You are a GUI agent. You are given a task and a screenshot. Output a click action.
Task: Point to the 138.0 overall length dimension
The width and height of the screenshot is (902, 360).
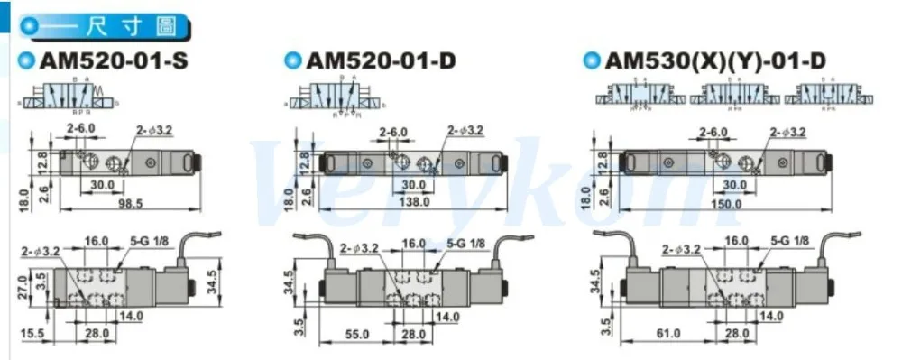point(413,203)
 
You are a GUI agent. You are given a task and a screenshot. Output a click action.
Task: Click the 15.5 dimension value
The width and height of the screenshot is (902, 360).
point(32,333)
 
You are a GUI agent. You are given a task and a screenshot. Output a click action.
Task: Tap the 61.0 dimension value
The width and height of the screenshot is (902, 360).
point(667,333)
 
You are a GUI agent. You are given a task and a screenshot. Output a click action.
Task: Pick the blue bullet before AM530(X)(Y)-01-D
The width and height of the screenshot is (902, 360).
point(591,61)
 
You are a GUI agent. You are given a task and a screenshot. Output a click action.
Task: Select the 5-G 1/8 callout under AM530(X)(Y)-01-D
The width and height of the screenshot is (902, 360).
point(793,241)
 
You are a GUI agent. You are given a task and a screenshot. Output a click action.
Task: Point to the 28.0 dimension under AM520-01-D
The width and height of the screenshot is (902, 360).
point(414,333)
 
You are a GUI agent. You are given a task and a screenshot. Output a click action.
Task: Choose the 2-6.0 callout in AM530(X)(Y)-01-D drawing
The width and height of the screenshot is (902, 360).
point(713,132)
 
